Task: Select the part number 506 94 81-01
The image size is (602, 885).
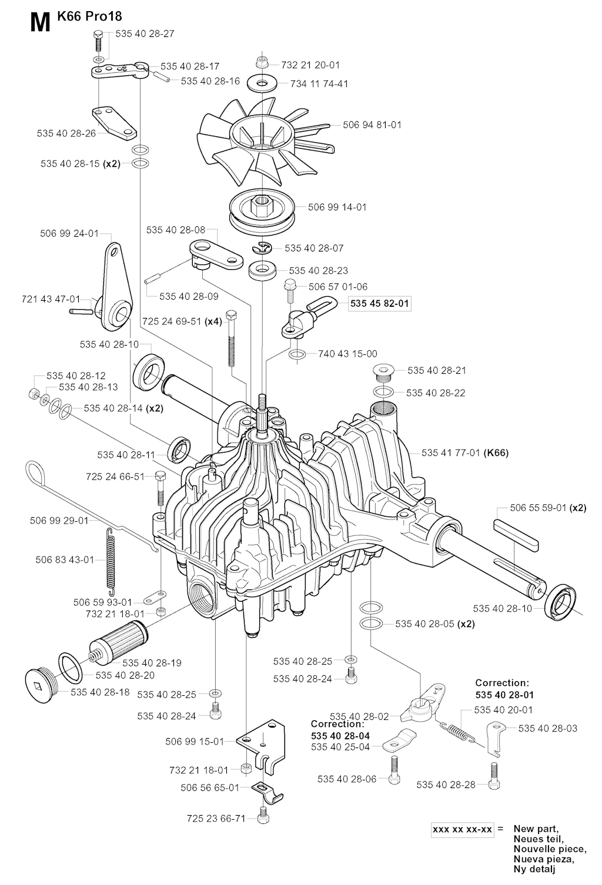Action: click(x=372, y=125)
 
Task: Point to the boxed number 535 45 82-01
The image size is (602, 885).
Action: click(x=379, y=304)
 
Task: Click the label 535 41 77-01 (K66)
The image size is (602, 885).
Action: click(x=464, y=452)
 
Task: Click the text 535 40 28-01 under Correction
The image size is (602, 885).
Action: click(x=504, y=695)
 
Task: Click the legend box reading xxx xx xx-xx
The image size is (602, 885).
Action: click(x=462, y=830)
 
